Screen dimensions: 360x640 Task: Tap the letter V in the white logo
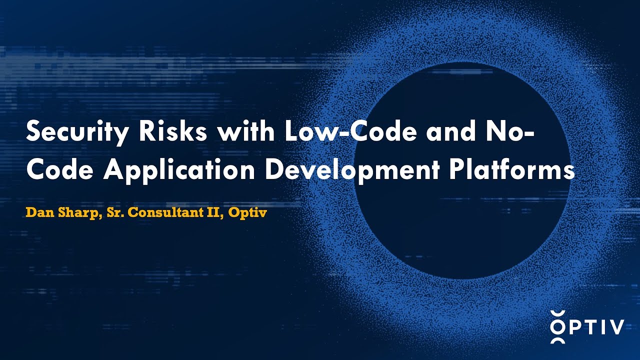(614, 327)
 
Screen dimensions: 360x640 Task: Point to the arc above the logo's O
(557, 313)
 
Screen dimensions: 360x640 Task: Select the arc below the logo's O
(557, 341)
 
